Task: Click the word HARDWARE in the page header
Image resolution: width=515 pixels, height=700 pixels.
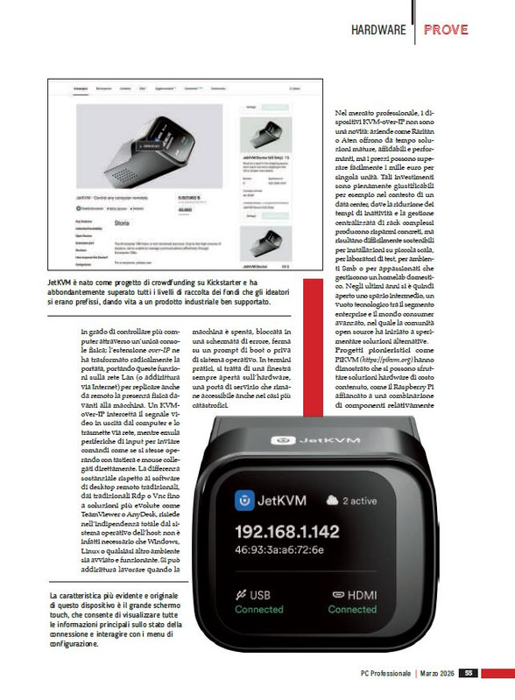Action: [x=377, y=30]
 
